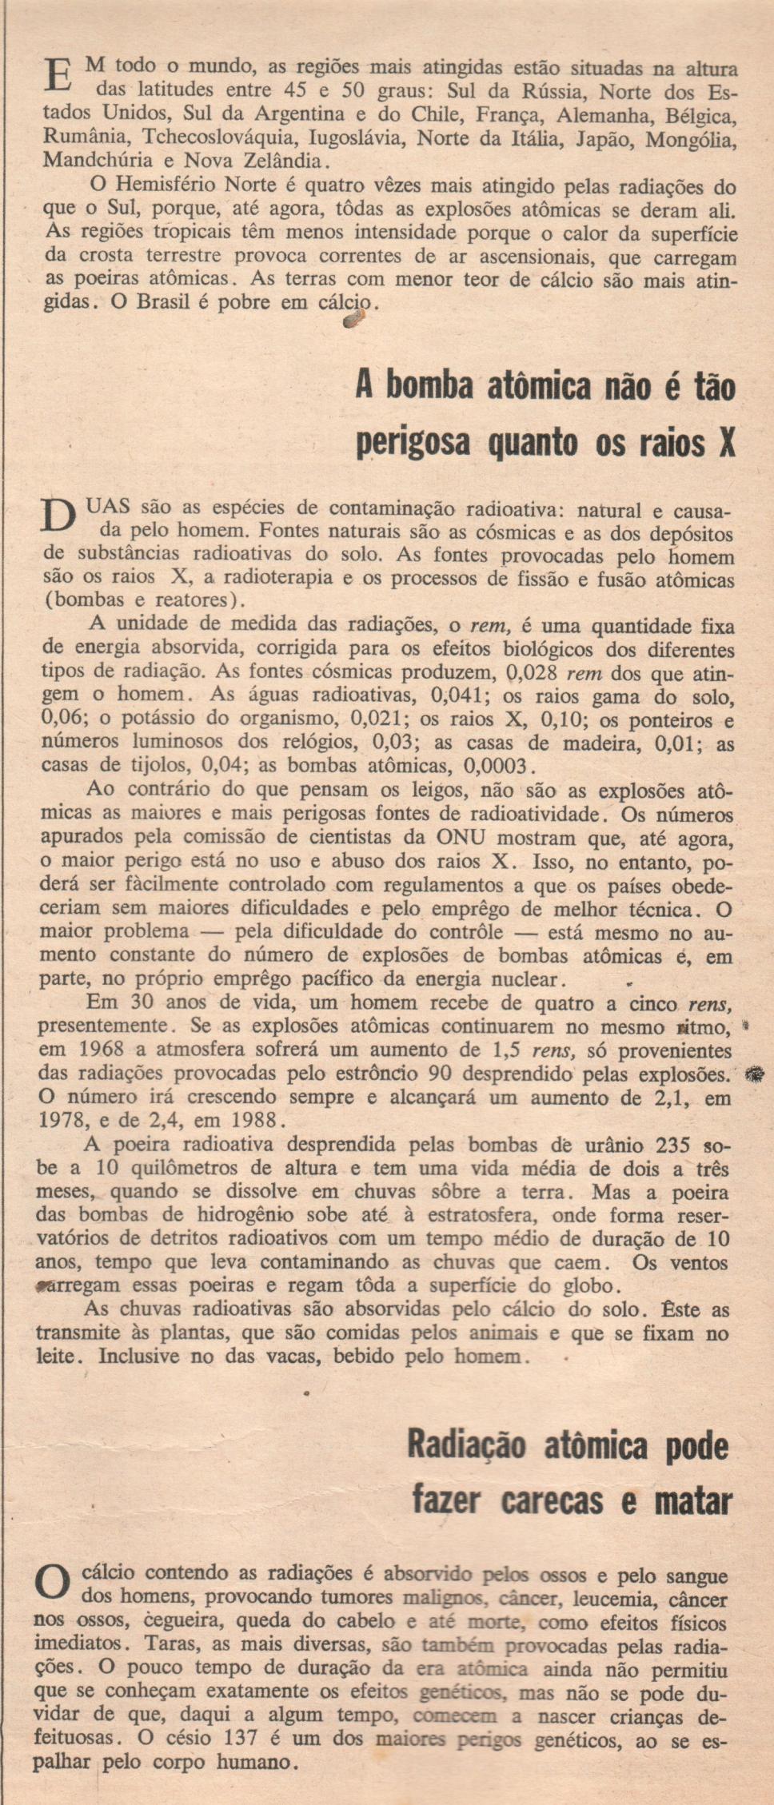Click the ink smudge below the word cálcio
tap(353, 321)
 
